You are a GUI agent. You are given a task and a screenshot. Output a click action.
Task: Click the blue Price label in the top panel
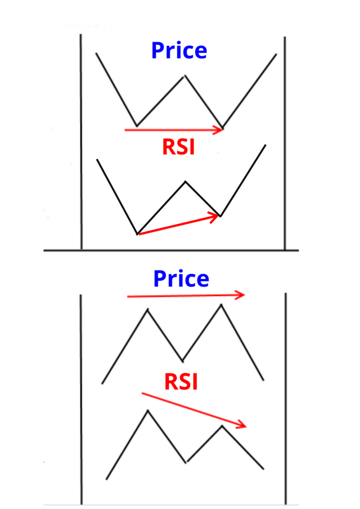(179, 51)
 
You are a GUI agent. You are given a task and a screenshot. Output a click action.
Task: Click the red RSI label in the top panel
(178, 147)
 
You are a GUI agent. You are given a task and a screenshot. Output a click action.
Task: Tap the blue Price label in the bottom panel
(181, 279)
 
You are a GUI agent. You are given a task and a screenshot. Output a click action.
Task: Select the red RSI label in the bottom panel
(181, 382)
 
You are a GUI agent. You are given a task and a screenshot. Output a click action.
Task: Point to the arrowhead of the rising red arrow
(216, 215)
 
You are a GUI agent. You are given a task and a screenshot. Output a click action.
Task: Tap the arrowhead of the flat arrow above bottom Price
(242, 295)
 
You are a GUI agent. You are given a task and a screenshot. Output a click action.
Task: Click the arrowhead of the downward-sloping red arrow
(244, 425)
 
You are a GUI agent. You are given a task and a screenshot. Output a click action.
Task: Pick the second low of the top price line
(223, 127)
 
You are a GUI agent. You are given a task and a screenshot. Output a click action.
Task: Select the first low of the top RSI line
(137, 233)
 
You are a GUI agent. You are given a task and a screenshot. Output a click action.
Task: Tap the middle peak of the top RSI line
(186, 182)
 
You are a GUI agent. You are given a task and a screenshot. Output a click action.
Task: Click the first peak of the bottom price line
(148, 309)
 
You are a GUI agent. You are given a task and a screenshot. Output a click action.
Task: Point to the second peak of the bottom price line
(221, 305)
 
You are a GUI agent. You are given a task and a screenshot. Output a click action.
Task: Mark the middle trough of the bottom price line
(182, 361)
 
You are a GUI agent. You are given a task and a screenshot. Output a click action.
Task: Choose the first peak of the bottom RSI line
(148, 411)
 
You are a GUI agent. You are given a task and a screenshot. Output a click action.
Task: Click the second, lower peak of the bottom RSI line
(222, 426)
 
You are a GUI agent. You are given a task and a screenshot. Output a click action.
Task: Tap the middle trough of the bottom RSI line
(186, 462)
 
